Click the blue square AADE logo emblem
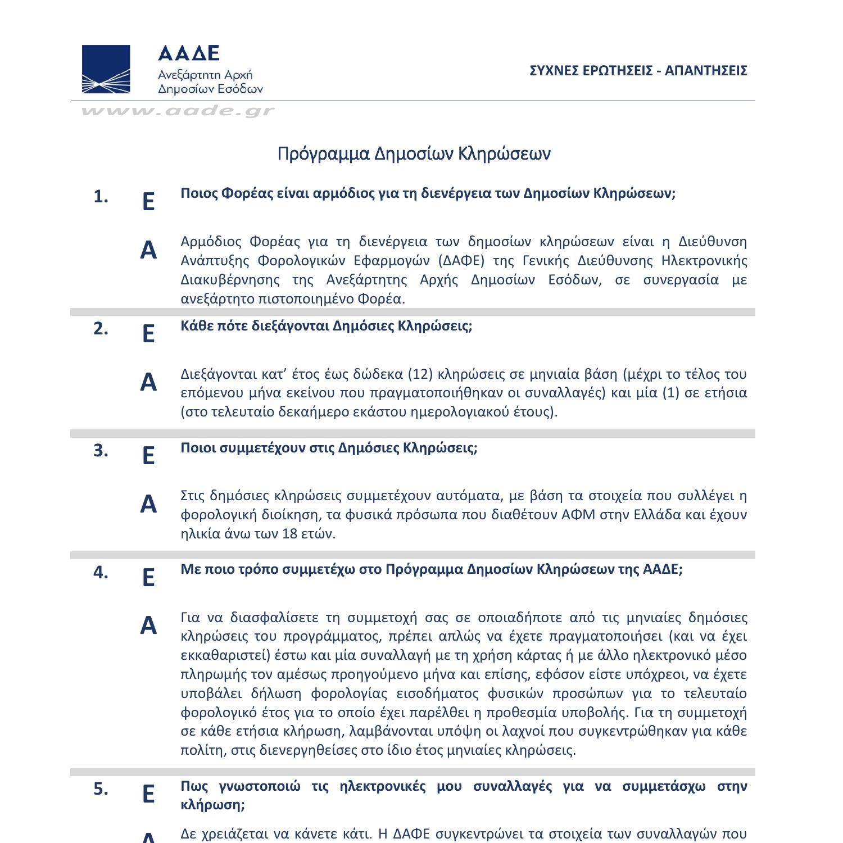[x=106, y=69]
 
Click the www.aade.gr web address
[x=178, y=111]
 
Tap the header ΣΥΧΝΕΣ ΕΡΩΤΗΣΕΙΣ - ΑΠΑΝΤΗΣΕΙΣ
[x=638, y=70]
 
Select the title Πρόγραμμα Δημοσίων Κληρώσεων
[x=414, y=153]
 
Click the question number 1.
[x=101, y=197]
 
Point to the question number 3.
[x=101, y=451]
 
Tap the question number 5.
[x=101, y=789]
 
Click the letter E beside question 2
[x=148, y=334]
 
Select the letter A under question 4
[x=148, y=626]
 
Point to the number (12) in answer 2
[x=419, y=374]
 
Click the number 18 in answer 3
[x=290, y=533]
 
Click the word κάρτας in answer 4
[x=534, y=655]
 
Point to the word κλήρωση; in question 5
[x=212, y=805]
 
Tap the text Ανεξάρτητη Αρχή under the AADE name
[x=205, y=75]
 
